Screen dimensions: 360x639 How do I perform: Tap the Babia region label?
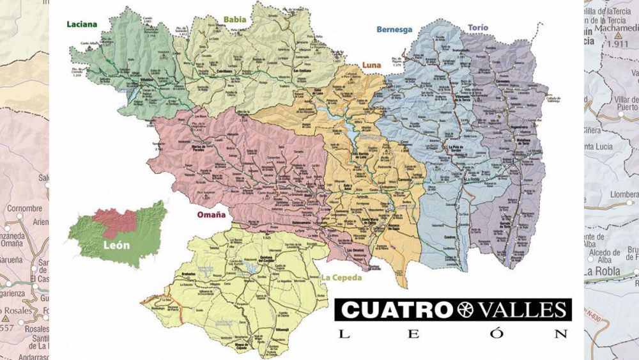point(235,19)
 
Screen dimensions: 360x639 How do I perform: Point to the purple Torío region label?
point(478,28)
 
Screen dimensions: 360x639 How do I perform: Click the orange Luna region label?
point(371,65)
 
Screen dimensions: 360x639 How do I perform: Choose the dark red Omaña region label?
point(211,215)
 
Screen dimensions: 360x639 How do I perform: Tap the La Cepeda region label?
point(342,278)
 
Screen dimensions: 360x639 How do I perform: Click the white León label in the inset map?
point(116,245)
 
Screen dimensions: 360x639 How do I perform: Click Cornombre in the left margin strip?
point(24,208)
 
